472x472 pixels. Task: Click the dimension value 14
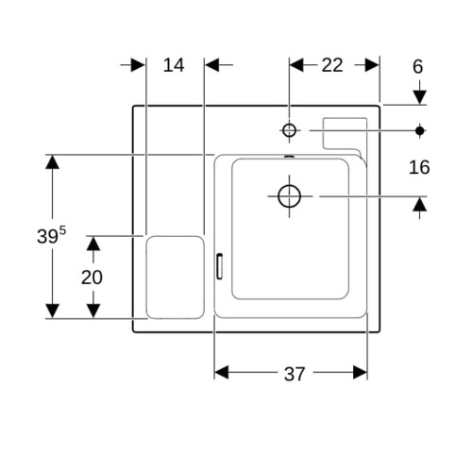click(174, 65)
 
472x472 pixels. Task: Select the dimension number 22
click(332, 65)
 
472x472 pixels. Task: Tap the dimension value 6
click(417, 67)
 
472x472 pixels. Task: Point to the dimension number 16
click(419, 167)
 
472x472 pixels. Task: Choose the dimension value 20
click(92, 278)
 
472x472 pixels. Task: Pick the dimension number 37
click(295, 374)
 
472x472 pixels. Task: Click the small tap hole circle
click(289, 130)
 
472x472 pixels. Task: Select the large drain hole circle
click(289, 196)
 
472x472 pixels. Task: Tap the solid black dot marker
click(419, 130)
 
